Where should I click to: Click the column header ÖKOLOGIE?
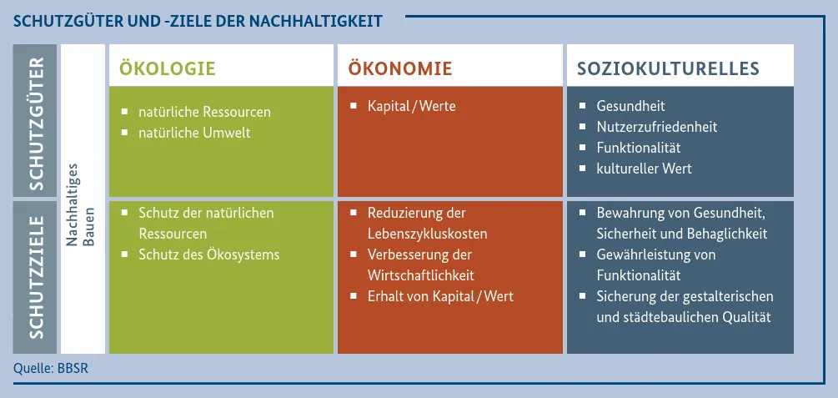point(168,68)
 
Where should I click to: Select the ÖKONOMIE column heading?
point(399,68)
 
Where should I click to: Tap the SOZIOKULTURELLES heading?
point(668,68)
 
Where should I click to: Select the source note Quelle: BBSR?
point(50,367)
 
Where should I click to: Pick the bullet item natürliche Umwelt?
point(194,133)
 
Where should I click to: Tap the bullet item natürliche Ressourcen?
point(204,112)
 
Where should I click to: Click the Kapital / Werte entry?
point(412,106)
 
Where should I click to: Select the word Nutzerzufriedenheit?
point(657,127)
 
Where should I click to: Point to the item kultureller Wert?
point(644,169)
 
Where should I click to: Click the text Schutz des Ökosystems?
point(209,254)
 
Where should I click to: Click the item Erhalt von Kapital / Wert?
point(440,296)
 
